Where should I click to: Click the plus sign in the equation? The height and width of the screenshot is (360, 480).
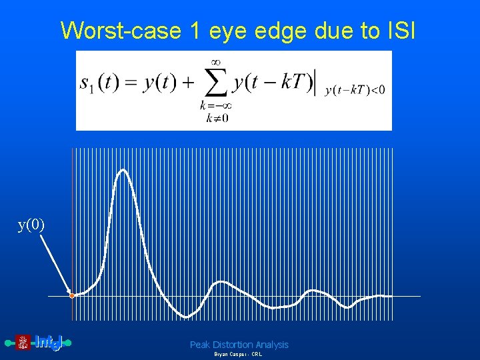[188, 83]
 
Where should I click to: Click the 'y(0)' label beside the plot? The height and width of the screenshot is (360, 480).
[31, 225]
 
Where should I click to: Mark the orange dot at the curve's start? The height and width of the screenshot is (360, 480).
[72, 295]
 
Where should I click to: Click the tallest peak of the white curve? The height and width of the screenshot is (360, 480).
[123, 171]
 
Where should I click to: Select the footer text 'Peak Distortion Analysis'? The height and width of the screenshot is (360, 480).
[239, 345]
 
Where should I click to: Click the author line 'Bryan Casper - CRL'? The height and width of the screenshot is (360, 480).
[237, 355]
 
